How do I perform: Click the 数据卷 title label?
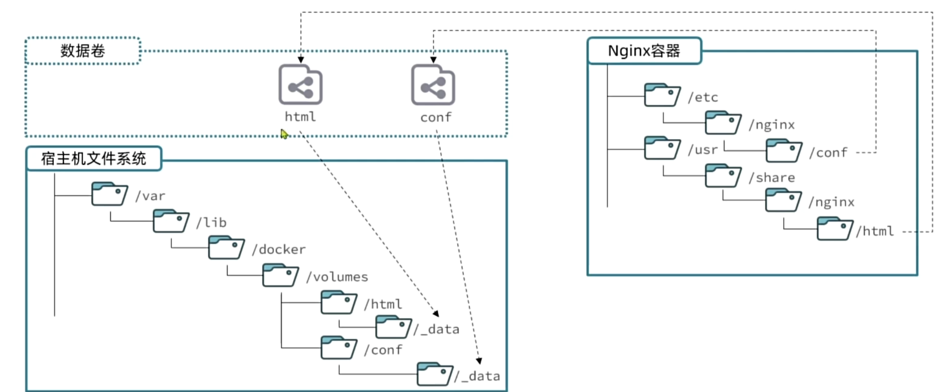click(83, 51)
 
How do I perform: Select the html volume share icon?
click(300, 85)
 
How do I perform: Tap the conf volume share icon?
click(433, 85)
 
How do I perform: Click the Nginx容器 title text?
click(644, 51)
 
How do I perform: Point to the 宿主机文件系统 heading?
click(93, 158)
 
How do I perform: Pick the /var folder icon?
click(109, 194)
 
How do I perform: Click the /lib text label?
click(212, 223)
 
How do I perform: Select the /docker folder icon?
click(226, 248)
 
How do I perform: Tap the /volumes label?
click(337, 277)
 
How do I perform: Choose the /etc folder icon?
click(662, 95)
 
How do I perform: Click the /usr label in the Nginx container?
click(703, 150)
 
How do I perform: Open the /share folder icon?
click(723, 176)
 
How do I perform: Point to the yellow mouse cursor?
click(284, 134)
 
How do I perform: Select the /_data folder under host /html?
click(393, 327)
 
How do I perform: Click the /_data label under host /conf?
click(477, 376)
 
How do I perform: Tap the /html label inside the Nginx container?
click(875, 231)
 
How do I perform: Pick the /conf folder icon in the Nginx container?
click(784, 151)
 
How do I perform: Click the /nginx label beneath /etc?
click(772, 125)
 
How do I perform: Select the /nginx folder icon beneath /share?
click(783, 200)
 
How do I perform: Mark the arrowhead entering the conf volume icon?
click(433, 60)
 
